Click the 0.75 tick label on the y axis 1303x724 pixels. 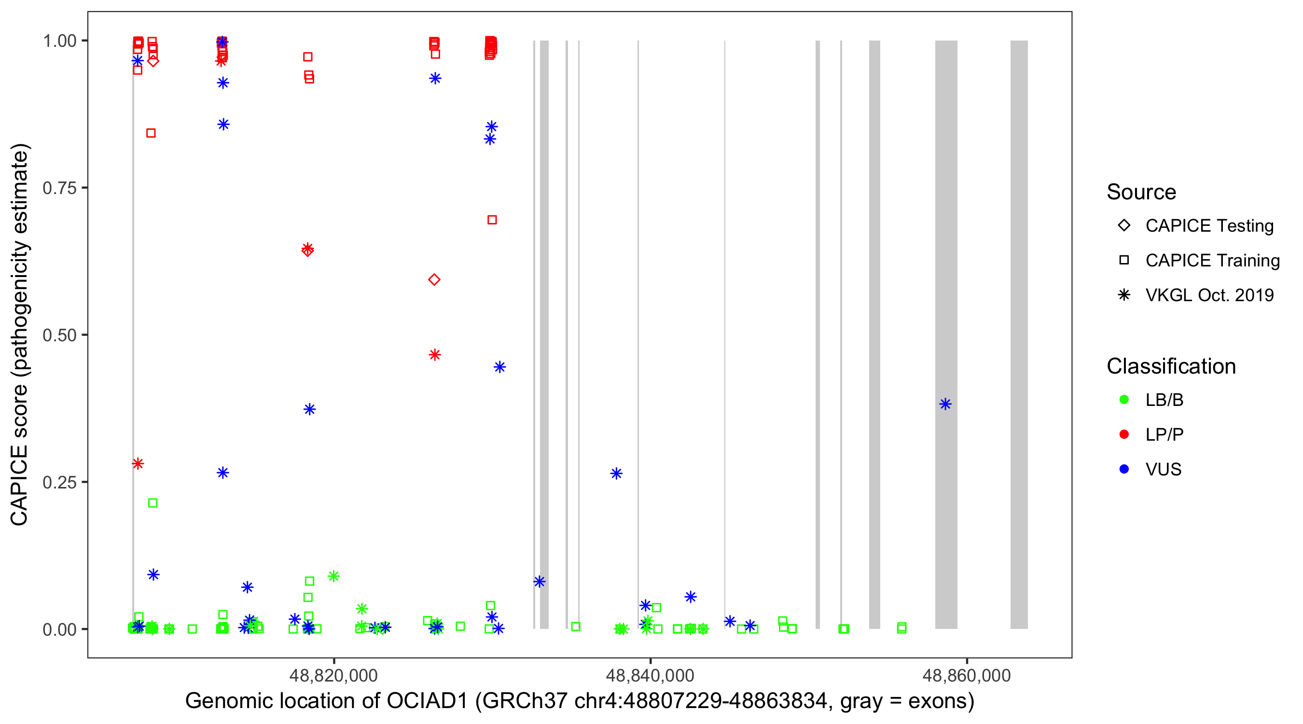tap(59, 188)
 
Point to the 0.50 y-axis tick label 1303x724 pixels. tap(59, 335)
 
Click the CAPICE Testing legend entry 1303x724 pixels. tap(1209, 226)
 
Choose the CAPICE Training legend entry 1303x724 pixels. tap(1212, 261)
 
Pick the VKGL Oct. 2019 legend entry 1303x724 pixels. tap(1209, 295)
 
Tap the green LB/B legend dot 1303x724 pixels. tap(1124, 400)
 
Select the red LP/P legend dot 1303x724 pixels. tap(1124, 434)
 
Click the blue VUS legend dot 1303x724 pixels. tap(1124, 469)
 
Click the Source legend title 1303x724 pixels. tap(1141, 192)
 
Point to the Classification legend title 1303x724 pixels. tap(1171, 366)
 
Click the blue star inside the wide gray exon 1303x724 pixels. tap(945, 404)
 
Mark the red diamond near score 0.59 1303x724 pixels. tap(434, 280)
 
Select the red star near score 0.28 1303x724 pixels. tap(138, 463)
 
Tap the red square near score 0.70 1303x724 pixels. tap(492, 220)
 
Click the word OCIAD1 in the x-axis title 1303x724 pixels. tap(427, 701)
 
